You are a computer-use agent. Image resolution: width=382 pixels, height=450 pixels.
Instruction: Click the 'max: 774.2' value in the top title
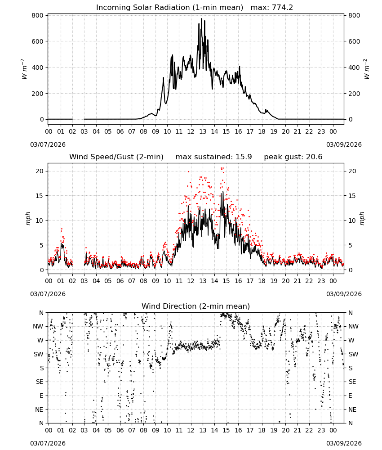click(x=272, y=8)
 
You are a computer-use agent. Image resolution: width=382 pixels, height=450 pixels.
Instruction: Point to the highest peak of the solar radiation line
click(x=201, y=18)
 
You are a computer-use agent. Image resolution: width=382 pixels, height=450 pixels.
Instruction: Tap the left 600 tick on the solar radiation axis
click(x=38, y=41)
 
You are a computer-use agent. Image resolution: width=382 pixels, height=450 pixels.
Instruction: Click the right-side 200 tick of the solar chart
click(x=354, y=94)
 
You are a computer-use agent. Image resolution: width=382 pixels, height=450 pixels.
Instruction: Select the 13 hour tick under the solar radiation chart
click(x=203, y=132)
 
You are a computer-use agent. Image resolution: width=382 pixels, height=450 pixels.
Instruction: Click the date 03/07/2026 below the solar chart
click(x=48, y=144)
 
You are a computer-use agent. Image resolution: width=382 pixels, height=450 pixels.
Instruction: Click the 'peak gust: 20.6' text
click(x=293, y=157)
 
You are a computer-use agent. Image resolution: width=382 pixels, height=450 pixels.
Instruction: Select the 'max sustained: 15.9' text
click(x=213, y=157)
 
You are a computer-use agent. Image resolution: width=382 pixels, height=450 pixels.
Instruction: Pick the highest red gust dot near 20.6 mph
click(x=222, y=168)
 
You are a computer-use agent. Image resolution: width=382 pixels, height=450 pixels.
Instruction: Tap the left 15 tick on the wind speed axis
click(x=40, y=196)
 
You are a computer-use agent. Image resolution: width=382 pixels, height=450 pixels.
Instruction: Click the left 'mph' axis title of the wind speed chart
click(x=28, y=218)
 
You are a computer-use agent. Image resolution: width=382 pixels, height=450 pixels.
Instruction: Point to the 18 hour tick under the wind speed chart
click(x=262, y=281)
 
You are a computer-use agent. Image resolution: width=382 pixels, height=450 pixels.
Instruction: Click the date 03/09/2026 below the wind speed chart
click(x=344, y=294)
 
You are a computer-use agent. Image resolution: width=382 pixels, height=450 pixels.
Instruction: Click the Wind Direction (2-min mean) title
click(x=196, y=306)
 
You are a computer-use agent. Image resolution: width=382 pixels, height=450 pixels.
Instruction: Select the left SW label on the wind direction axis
click(x=39, y=354)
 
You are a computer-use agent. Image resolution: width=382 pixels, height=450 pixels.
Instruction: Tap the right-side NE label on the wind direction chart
click(x=352, y=409)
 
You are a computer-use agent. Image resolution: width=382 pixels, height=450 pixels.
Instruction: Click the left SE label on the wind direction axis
click(x=40, y=382)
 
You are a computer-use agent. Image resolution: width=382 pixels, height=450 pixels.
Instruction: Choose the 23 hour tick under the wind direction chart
click(x=321, y=430)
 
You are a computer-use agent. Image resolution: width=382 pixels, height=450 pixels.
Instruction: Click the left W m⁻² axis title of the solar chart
click(x=24, y=69)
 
